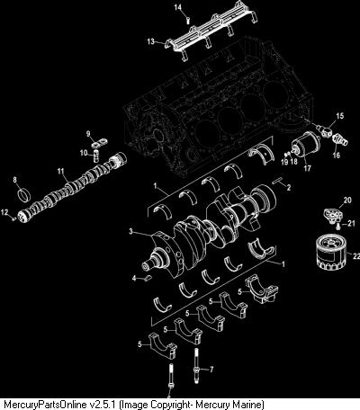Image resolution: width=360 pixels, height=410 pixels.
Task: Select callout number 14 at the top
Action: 178,7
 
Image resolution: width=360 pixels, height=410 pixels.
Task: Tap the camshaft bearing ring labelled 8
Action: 24,195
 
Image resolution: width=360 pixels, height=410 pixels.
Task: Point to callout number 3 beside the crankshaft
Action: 130,231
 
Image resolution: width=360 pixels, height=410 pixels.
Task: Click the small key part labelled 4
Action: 148,279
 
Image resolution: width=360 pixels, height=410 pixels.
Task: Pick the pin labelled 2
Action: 279,181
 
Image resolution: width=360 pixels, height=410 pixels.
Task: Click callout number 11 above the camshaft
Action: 61,171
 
